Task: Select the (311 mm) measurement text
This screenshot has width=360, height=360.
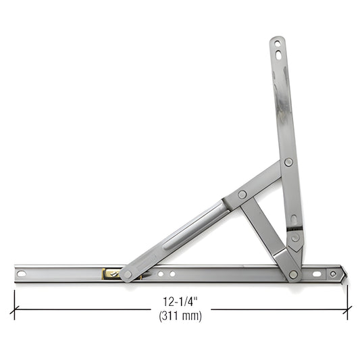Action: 180,315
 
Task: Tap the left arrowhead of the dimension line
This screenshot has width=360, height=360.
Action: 15,309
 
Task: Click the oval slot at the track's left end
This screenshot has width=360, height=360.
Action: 22,274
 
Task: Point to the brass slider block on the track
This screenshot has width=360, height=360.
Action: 109,274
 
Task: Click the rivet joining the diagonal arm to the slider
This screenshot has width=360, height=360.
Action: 126,274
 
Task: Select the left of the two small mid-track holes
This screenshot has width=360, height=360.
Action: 160,274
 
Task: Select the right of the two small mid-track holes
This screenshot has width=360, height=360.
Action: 172,274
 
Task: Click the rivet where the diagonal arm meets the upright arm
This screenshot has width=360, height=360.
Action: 288,162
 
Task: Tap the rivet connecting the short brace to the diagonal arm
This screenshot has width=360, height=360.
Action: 242,195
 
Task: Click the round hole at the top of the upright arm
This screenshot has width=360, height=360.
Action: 276,43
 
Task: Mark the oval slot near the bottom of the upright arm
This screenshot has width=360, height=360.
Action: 293,220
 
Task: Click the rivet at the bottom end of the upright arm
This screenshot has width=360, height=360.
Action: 295,237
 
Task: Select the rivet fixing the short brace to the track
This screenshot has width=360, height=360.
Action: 293,274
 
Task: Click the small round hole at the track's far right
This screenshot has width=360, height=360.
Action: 333,274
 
